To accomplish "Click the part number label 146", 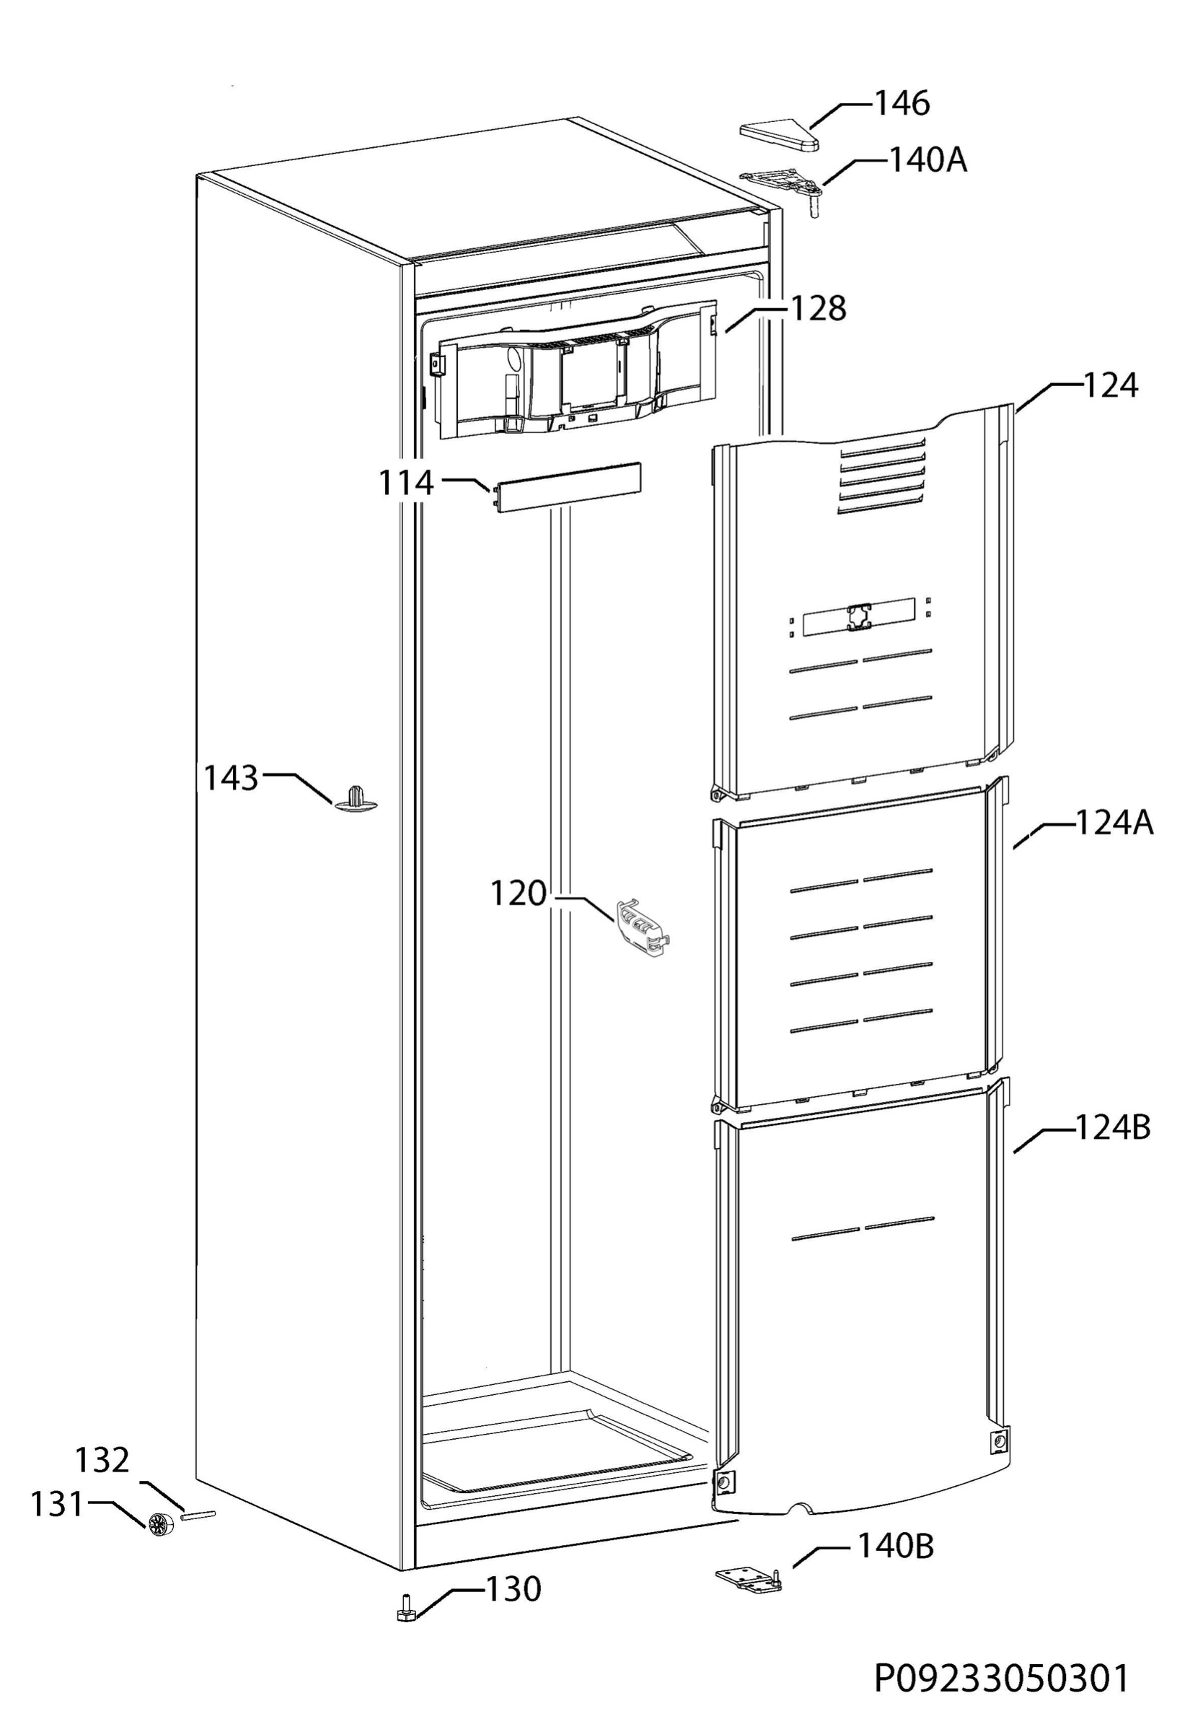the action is point(902,104).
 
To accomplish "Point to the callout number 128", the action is point(817,309).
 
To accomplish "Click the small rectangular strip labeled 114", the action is point(565,486).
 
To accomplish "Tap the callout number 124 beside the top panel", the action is point(1110,386).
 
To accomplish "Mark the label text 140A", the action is point(928,160).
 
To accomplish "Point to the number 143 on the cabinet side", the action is point(231,778).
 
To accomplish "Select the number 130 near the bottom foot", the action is point(513,1590).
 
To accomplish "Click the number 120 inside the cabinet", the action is point(518,893).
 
